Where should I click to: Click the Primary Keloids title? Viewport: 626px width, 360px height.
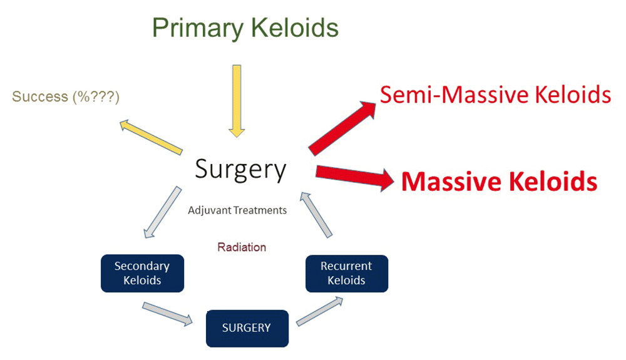(x=245, y=28)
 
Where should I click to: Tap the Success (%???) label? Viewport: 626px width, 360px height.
(x=66, y=96)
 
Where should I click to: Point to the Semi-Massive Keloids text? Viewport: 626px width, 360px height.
(x=495, y=95)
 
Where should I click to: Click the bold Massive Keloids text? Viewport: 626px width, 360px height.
(x=499, y=182)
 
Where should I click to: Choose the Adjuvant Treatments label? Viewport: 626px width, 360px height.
(x=237, y=210)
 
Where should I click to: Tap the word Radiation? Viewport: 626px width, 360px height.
(x=242, y=247)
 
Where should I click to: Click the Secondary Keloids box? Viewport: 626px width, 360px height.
(x=143, y=274)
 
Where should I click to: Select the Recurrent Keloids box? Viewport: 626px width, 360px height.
(x=347, y=274)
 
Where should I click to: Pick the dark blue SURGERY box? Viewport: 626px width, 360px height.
(x=247, y=329)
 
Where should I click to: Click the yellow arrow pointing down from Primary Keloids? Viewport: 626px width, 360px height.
(x=237, y=101)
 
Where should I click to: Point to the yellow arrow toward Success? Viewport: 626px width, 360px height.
(x=151, y=136)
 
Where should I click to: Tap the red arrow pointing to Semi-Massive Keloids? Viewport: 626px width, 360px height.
(x=342, y=128)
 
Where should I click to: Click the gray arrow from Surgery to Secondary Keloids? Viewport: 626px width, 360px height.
(x=163, y=212)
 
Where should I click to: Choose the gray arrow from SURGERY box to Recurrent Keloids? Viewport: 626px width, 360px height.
(x=320, y=311)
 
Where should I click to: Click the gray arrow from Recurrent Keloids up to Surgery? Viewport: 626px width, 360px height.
(x=316, y=215)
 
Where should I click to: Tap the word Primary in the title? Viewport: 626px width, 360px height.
(x=198, y=29)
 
